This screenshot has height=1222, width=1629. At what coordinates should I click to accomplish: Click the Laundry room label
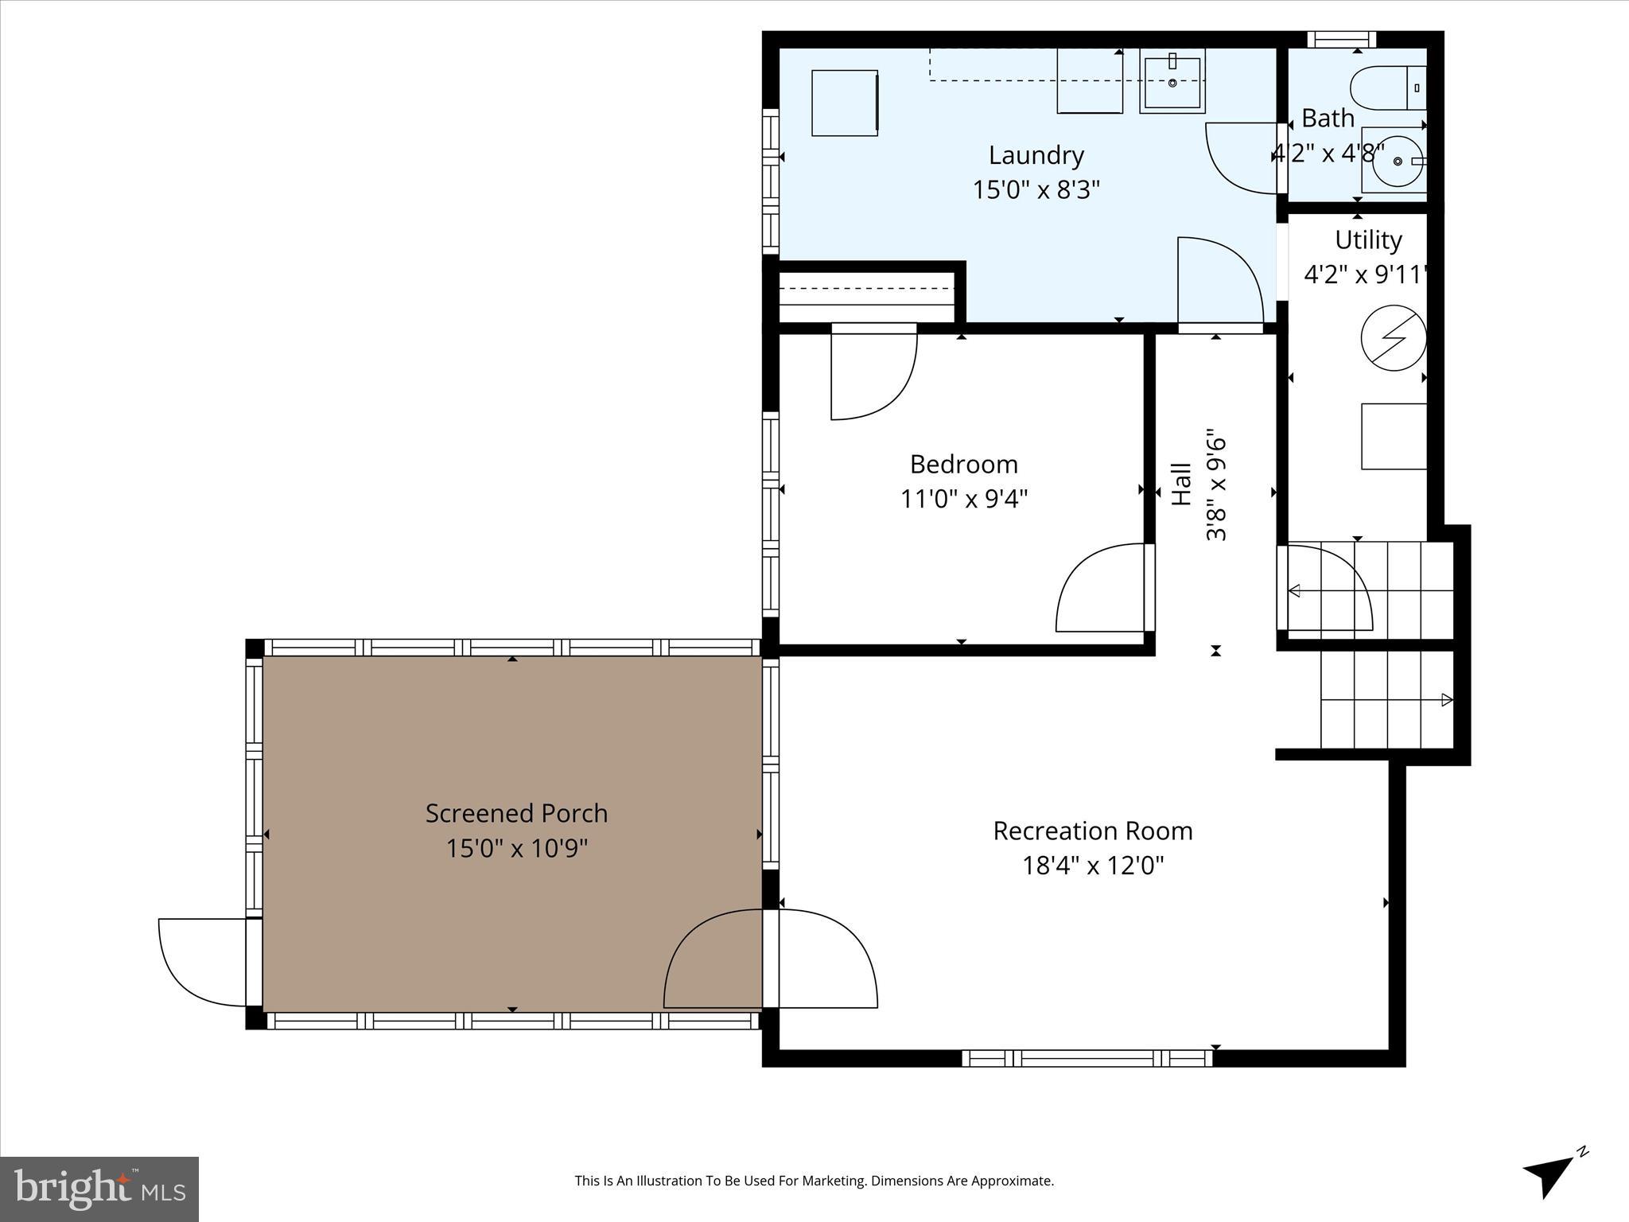(x=1036, y=155)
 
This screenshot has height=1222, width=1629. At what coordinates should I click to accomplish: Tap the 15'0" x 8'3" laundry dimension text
(x=1036, y=190)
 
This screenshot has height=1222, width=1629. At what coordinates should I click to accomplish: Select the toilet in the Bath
(x=1388, y=88)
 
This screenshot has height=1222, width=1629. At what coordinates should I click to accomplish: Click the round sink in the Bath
(x=1397, y=161)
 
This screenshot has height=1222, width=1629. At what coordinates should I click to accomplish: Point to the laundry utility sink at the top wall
(x=1172, y=80)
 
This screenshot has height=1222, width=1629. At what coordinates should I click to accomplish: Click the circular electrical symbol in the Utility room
(x=1393, y=338)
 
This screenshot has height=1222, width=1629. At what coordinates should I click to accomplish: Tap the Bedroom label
(x=963, y=464)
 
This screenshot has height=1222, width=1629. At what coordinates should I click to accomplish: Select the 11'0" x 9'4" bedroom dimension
(x=963, y=499)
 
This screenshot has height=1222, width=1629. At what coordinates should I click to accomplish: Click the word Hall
(x=1182, y=485)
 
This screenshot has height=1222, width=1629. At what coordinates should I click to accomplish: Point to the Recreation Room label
(x=1092, y=831)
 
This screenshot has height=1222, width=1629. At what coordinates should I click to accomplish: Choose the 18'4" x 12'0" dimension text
(x=1092, y=866)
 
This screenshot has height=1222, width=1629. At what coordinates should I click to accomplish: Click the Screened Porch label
(x=516, y=813)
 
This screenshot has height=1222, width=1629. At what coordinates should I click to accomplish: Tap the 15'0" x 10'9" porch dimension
(x=516, y=848)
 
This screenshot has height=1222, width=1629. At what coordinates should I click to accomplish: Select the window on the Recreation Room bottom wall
(x=1087, y=1058)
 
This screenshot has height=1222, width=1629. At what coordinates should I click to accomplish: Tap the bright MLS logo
(x=99, y=1189)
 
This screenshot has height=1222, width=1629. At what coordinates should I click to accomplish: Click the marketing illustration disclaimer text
(x=814, y=1181)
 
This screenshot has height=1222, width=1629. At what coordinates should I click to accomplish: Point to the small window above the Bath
(x=1341, y=39)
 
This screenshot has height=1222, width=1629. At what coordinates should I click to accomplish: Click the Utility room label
(x=1367, y=239)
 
